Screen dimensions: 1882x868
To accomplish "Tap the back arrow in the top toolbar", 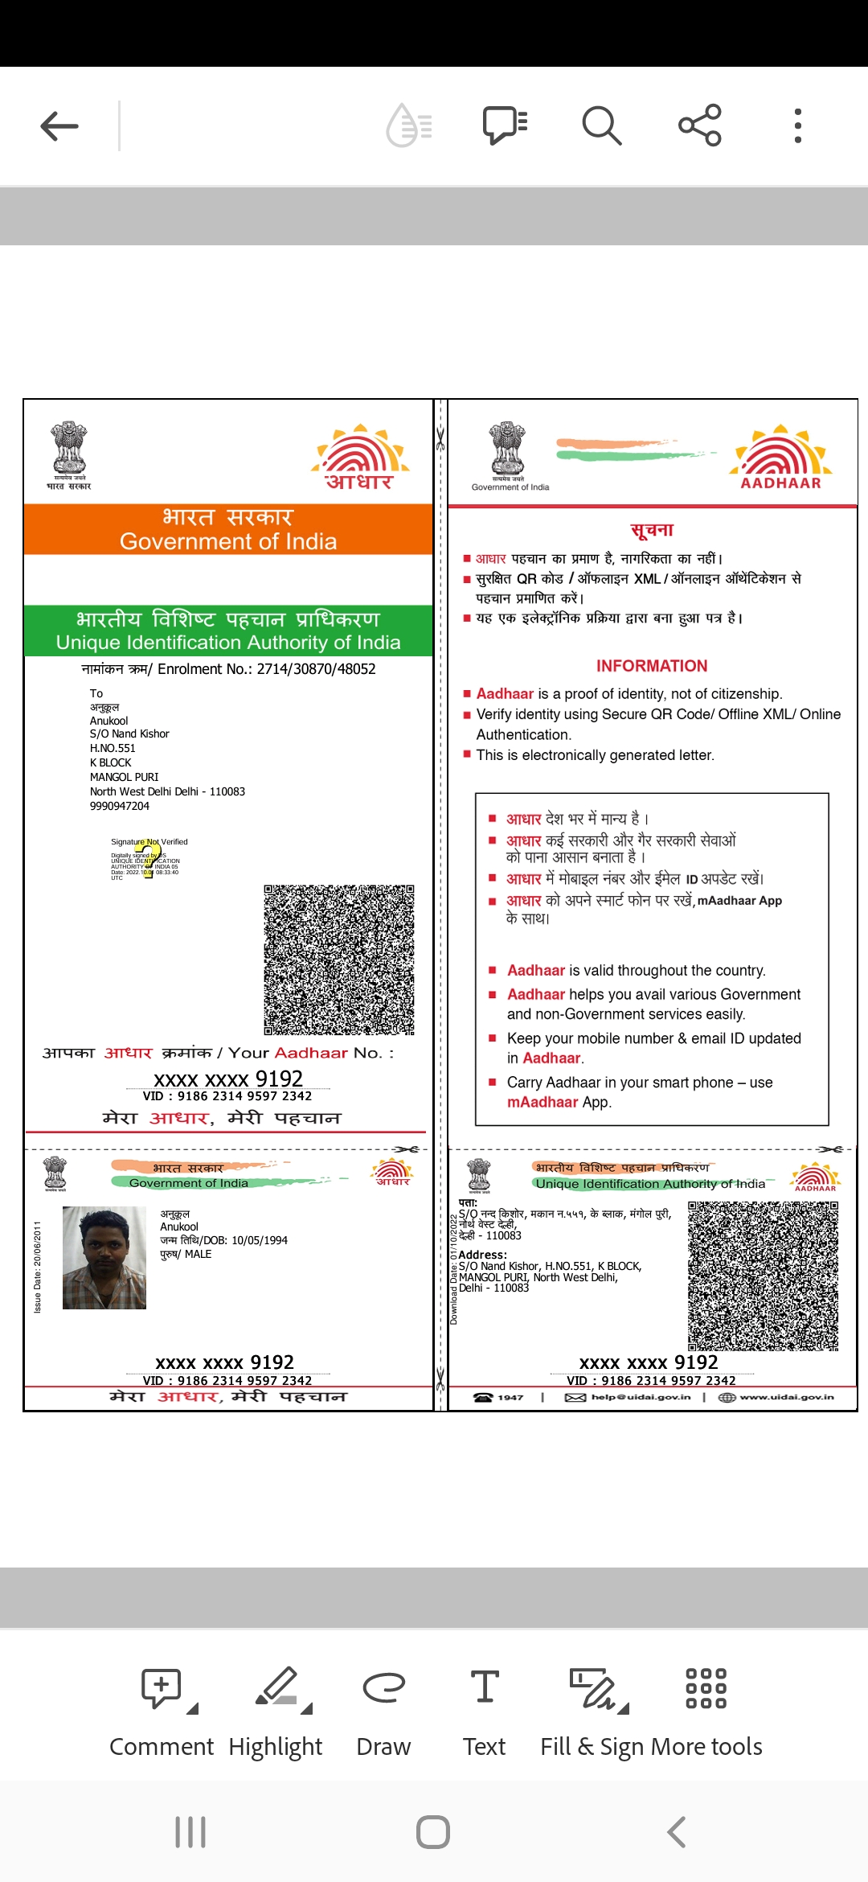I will point(59,126).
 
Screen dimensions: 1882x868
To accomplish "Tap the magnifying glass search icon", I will point(601,126).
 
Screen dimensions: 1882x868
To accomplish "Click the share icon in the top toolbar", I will point(699,125).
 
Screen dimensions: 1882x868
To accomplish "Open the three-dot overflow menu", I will point(797,126).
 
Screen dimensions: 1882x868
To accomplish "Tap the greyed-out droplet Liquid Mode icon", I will point(410,126).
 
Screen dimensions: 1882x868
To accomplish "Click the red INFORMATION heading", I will point(652,666).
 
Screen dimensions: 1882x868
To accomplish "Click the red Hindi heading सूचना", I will point(652,530).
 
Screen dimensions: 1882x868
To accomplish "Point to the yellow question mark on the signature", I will point(149,859).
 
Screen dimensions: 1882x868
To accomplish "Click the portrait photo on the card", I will point(104,1258).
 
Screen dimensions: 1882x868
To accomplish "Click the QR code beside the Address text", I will point(763,1276).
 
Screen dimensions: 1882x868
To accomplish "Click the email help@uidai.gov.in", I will point(641,1397).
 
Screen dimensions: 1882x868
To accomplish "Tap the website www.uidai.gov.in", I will point(786,1397).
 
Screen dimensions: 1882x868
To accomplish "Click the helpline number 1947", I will point(510,1397).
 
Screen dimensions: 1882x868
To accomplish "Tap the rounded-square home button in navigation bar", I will point(433,1832).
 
